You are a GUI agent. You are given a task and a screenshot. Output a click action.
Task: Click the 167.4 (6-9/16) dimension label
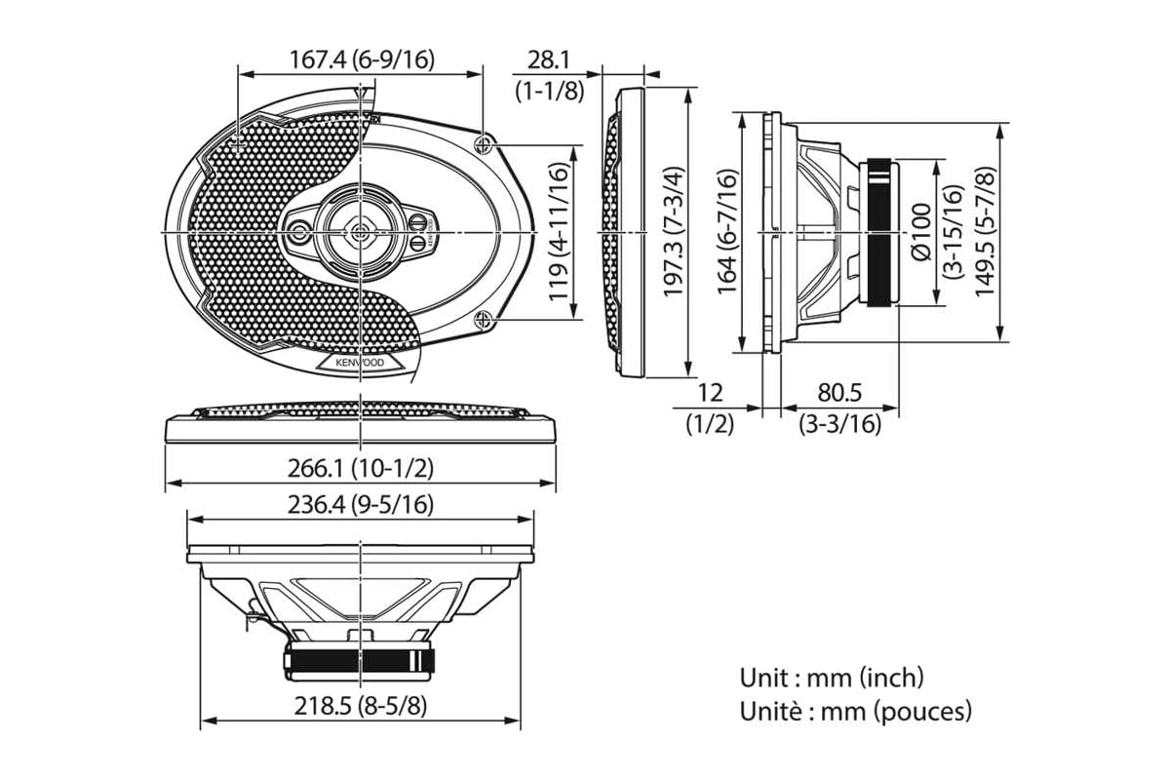click(x=362, y=59)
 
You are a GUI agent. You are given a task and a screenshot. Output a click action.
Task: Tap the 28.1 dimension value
click(x=548, y=60)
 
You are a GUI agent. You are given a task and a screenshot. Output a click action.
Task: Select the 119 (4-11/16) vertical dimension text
click(x=559, y=231)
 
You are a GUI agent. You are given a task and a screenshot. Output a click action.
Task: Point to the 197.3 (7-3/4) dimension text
click(x=674, y=231)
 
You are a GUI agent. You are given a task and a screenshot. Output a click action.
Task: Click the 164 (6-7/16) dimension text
click(x=727, y=231)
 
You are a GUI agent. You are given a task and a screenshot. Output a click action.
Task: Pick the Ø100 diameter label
click(x=921, y=231)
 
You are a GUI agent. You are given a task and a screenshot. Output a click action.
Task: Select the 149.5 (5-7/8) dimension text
click(x=985, y=231)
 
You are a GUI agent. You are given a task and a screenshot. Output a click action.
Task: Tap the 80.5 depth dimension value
click(x=839, y=392)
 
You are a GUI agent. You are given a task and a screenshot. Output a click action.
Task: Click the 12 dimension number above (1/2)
click(x=710, y=392)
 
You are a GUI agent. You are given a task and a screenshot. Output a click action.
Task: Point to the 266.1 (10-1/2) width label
click(x=361, y=468)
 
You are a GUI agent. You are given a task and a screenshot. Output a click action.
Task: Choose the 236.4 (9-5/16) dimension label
click(x=361, y=505)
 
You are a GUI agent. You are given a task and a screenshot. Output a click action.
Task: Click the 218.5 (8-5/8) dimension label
click(x=361, y=706)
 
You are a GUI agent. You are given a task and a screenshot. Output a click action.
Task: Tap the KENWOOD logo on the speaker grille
click(x=360, y=362)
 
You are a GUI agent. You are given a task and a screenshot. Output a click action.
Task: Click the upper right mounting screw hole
click(x=484, y=143)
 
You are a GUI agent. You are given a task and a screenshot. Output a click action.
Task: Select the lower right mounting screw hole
click(x=484, y=318)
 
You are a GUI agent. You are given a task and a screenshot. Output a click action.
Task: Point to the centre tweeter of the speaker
click(x=361, y=231)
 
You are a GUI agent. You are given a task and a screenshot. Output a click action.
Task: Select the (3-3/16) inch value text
click(x=839, y=424)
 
